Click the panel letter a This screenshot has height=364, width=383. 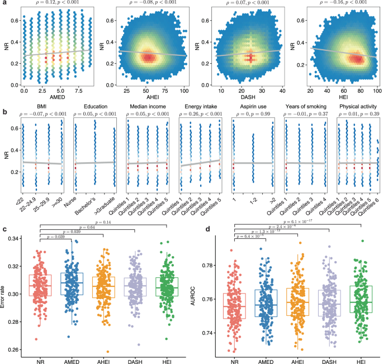3,4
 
